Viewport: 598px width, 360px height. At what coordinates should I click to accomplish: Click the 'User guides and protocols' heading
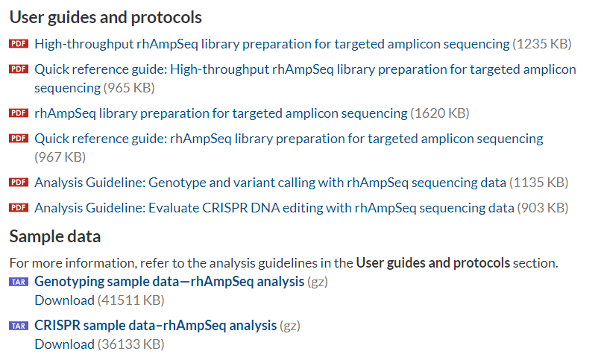click(106, 18)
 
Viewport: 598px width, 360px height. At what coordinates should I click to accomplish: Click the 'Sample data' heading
click(55, 236)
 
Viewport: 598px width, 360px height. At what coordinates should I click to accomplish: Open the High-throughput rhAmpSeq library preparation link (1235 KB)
click(272, 44)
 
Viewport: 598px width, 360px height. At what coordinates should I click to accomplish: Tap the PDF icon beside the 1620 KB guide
click(19, 113)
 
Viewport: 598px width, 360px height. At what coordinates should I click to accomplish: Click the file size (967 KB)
click(60, 157)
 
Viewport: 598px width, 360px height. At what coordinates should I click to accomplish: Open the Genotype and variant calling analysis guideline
click(270, 183)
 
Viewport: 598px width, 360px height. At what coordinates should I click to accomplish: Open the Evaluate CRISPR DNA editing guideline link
click(274, 208)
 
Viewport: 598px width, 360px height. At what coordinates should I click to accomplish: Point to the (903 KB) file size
click(543, 208)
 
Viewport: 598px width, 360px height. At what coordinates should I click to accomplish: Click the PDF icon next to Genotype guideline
click(19, 183)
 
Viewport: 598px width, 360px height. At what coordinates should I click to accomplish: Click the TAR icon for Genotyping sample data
click(19, 282)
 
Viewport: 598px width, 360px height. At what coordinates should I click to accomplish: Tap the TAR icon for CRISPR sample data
click(19, 326)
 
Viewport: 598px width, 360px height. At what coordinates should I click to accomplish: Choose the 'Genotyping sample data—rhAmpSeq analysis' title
click(169, 282)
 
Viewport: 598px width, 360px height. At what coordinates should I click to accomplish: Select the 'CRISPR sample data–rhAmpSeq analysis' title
click(156, 326)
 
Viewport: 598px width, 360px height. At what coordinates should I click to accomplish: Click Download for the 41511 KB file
click(64, 300)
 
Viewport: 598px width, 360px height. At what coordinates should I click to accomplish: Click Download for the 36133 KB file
click(64, 344)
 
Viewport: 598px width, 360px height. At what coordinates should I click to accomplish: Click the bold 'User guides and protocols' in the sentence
click(433, 263)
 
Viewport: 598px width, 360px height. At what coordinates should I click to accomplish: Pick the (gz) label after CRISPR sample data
click(290, 326)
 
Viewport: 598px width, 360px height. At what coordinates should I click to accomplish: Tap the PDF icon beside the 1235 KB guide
click(19, 43)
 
